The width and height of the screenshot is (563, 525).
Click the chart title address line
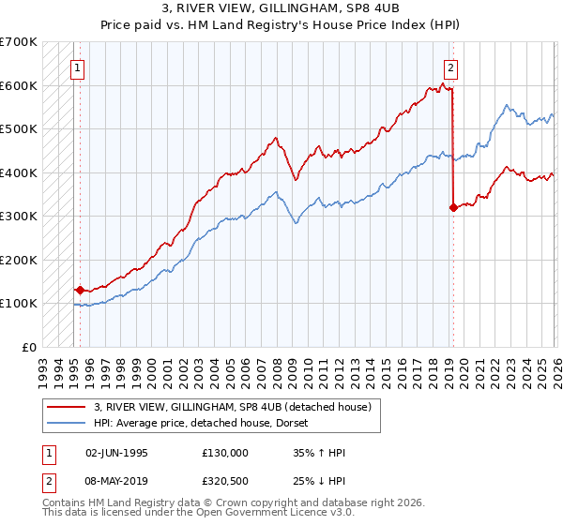click(x=281, y=10)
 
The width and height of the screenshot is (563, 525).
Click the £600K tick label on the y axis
click(x=19, y=85)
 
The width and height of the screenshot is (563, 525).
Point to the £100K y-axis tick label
click(x=19, y=304)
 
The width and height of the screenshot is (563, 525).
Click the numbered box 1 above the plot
click(x=77, y=67)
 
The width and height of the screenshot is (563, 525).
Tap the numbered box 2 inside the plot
click(x=451, y=67)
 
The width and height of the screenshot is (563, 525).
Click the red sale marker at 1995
click(x=80, y=291)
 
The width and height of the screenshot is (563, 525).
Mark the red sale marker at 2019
click(x=453, y=207)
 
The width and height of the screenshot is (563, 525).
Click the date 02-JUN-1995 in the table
click(x=116, y=453)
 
